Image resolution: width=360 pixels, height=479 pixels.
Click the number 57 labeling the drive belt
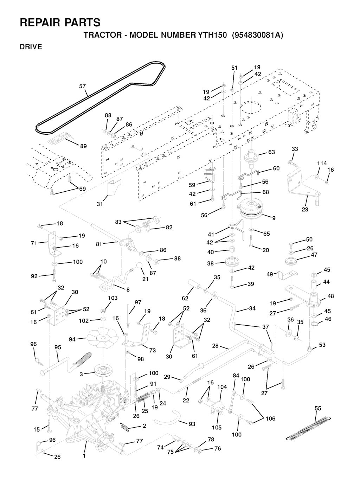point(82,86)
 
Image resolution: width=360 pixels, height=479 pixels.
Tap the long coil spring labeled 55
point(309,428)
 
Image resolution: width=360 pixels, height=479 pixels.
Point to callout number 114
point(322,163)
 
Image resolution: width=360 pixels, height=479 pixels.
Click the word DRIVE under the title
point(31,47)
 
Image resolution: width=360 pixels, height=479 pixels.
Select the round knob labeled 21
point(140,265)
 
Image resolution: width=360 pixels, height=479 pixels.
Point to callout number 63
point(271,152)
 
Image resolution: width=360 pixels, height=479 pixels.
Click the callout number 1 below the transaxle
point(84,456)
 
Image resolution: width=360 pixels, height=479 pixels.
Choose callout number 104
point(222,387)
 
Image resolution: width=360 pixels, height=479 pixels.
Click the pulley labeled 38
point(231,263)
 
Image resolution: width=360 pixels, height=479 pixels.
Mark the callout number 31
point(100,204)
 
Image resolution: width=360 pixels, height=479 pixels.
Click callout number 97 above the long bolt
point(138,302)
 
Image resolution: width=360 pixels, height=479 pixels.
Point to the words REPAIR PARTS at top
point(60,23)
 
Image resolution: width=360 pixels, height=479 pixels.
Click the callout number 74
point(160,448)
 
